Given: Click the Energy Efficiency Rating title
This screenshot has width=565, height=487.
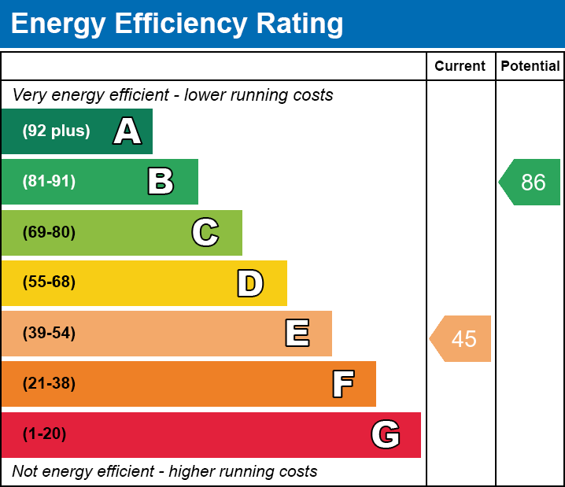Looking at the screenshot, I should (177, 24).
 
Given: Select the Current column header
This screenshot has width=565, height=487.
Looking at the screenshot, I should (460, 67).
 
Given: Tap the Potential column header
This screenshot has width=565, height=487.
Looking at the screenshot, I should (530, 67).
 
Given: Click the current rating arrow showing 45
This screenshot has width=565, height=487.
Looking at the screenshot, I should (461, 338).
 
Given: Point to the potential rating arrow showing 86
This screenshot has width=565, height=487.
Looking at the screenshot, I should (530, 183).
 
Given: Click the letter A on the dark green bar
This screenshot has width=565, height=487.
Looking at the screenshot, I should (127, 131).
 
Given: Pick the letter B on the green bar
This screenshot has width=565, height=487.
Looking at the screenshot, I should (161, 182).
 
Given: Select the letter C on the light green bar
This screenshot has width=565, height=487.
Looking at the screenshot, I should (205, 232).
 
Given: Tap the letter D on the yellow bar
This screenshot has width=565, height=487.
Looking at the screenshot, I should (250, 283).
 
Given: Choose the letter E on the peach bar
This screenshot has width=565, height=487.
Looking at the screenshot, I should (297, 334).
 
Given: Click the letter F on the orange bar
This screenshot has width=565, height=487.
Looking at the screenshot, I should (342, 384).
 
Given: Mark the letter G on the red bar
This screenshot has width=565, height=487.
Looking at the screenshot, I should (386, 434).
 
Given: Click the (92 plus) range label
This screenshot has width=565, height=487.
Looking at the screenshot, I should (56, 131).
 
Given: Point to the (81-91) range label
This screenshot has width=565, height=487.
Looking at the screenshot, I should (49, 182).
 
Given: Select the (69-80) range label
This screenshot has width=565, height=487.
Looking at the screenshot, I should (49, 232).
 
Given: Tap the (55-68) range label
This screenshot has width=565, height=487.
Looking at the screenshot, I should (49, 282).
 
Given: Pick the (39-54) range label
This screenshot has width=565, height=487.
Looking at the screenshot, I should (49, 334).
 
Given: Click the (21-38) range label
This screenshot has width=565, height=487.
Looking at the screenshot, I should (49, 384).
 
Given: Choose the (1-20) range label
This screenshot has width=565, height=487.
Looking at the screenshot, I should (45, 434).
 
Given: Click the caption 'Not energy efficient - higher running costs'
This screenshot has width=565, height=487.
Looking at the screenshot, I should (164, 472).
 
